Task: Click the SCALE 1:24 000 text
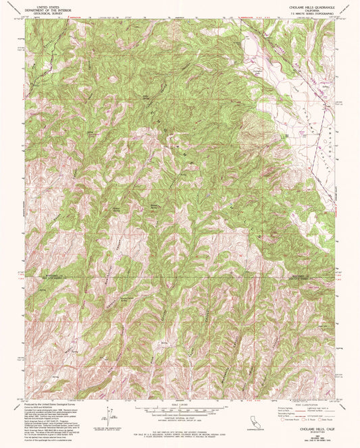point(180,404)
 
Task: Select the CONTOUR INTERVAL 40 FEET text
point(180,420)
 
